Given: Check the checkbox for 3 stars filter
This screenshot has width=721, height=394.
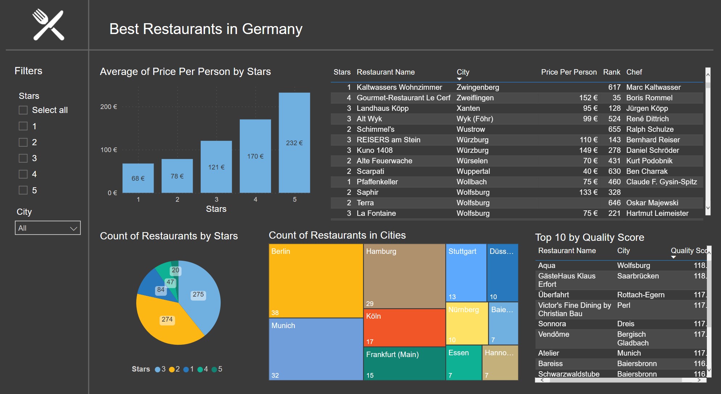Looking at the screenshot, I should click(x=23, y=158).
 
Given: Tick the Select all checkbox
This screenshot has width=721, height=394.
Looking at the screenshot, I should click(x=23, y=110).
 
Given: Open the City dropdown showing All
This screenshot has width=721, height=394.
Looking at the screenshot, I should click(x=47, y=228).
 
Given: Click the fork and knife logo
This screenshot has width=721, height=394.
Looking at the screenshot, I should click(x=49, y=25).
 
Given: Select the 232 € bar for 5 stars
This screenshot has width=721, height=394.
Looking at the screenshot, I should click(x=294, y=143).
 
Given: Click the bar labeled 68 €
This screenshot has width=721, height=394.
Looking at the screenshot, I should click(x=138, y=178).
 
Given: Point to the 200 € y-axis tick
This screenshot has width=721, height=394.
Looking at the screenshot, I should click(x=108, y=107).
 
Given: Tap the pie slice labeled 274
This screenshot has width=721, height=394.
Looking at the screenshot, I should click(x=167, y=319).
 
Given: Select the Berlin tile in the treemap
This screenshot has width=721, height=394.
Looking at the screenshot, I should click(x=316, y=281).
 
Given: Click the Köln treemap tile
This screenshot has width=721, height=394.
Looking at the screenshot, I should click(x=404, y=328).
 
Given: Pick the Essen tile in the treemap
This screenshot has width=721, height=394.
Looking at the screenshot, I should click(x=463, y=363).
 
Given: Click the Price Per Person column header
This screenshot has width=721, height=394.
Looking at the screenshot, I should click(x=568, y=72).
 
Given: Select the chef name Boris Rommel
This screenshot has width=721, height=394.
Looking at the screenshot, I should click(x=649, y=98).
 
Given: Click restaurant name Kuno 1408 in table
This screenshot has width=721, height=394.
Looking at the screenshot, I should click(x=374, y=150).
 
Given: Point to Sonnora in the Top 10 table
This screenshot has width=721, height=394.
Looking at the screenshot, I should click(x=552, y=324).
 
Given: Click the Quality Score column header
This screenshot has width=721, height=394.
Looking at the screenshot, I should click(x=688, y=251).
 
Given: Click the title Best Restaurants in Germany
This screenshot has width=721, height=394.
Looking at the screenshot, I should click(x=206, y=29).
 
